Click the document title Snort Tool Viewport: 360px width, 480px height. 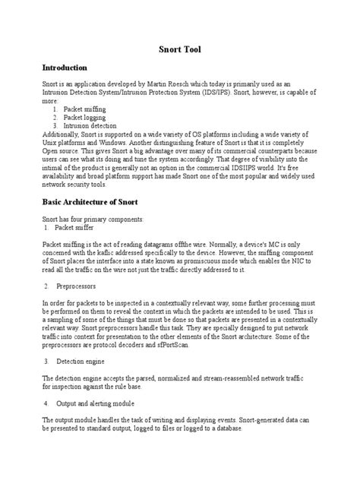pos(180,48)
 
